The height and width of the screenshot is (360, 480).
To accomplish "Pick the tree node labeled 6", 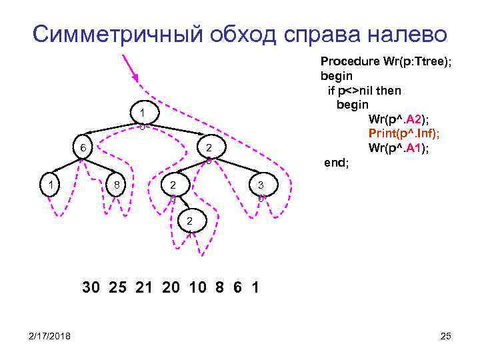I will [x=83, y=147].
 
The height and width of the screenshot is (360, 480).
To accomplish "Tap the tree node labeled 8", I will [x=116, y=184].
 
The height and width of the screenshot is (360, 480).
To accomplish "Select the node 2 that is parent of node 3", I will [x=208, y=147].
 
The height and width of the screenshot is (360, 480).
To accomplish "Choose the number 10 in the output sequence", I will [x=197, y=288].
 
